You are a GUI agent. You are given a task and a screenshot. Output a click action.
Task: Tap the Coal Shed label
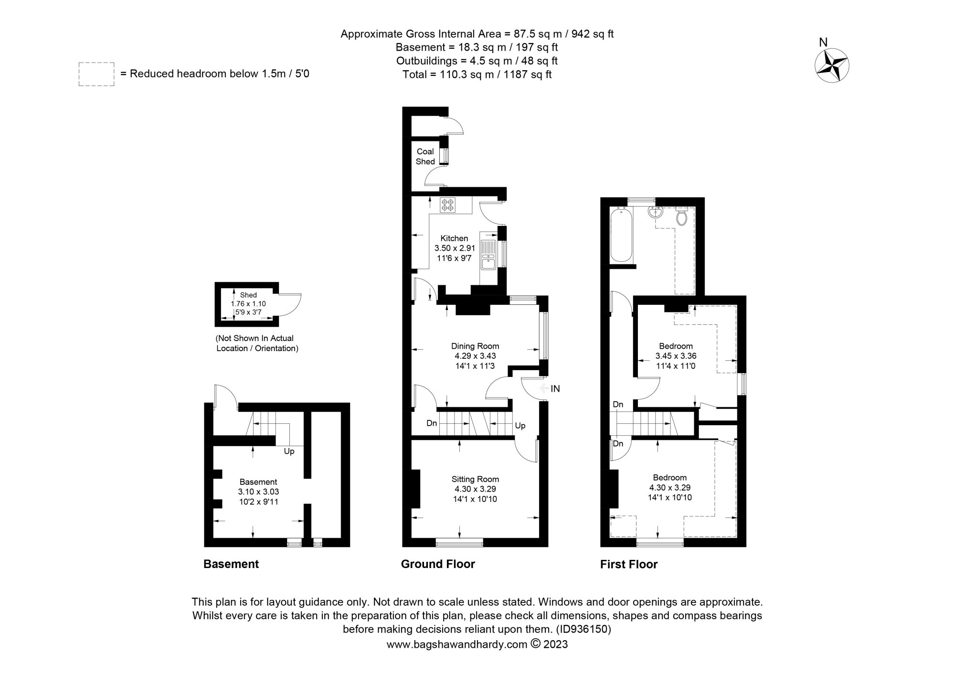pos(425,156)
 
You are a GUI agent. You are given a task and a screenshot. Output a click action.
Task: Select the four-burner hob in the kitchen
pos(448,205)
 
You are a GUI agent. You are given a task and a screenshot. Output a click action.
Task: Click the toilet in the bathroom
pos(681,217)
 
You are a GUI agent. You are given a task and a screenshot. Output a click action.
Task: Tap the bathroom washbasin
pos(655,213)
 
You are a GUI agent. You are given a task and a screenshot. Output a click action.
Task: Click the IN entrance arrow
pos(550,389)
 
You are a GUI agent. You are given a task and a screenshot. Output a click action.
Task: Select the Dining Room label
pos(475,346)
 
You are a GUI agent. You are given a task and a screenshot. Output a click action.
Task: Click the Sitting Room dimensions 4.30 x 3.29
pos(475,489)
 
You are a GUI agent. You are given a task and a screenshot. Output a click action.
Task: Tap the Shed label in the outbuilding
pos(248,295)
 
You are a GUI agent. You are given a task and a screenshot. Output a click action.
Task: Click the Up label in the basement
pos(289,451)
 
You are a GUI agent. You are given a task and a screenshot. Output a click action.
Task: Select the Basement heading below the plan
pos(231,564)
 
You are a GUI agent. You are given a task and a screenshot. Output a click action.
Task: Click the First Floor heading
pos(628,565)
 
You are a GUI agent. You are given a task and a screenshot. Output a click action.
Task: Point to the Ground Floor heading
pos(438,564)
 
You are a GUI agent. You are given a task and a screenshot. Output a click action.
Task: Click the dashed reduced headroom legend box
pos(96,74)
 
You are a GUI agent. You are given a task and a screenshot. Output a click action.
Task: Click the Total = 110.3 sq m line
pos(477,75)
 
